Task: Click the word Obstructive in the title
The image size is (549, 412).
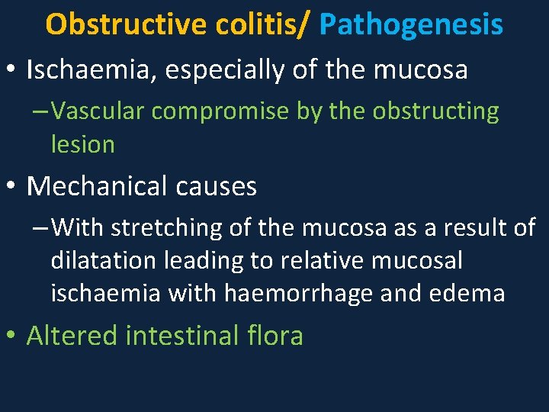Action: tap(127, 25)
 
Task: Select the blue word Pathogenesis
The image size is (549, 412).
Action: tap(412, 25)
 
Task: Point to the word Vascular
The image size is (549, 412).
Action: tap(101, 111)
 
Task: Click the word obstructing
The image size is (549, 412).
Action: tap(436, 111)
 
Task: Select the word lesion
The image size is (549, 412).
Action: tap(82, 144)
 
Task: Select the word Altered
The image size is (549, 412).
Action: tap(70, 336)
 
